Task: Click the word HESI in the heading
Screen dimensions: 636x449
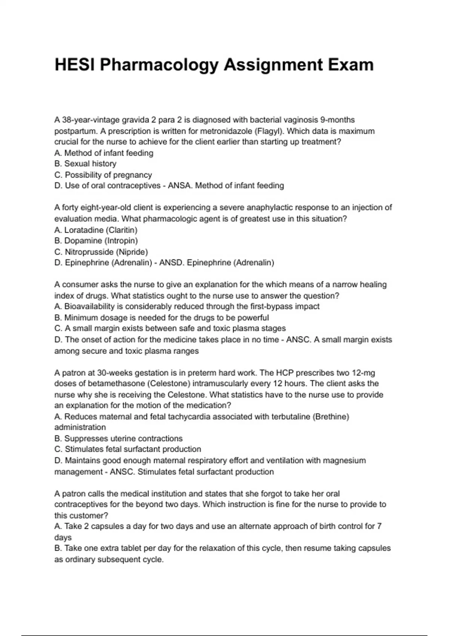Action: click(74, 65)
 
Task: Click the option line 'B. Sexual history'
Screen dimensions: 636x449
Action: click(85, 163)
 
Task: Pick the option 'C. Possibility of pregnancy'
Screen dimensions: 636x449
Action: click(103, 175)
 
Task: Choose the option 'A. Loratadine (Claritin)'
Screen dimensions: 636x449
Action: click(96, 230)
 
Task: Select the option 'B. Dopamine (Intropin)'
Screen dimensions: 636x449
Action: click(96, 241)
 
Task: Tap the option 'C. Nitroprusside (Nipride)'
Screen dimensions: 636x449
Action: click(101, 252)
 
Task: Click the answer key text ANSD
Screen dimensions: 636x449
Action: click(172, 263)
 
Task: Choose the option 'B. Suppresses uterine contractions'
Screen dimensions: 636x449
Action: click(119, 438)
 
